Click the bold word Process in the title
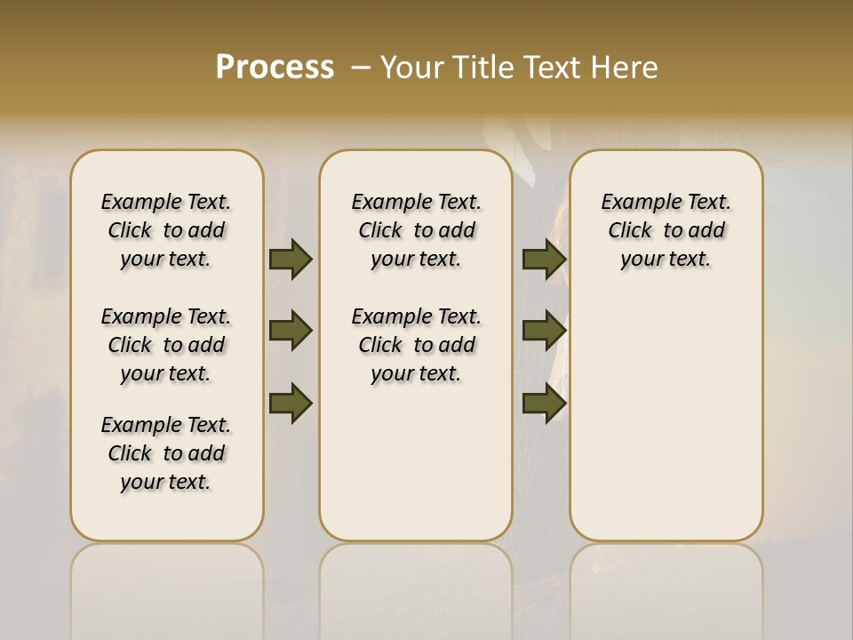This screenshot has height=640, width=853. coord(275,68)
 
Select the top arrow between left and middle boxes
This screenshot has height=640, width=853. coord(291,259)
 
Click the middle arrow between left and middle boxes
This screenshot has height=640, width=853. coord(291,331)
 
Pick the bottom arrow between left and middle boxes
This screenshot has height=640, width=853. coord(291,403)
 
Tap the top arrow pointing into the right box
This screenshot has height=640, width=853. coord(544,259)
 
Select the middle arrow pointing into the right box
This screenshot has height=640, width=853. coord(544,331)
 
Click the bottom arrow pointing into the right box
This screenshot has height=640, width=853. coord(544,403)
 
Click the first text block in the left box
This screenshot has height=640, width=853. coord(166,230)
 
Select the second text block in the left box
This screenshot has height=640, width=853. coord(166,345)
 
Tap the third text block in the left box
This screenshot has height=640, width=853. coord(166,453)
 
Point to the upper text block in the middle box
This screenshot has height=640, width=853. coord(416,230)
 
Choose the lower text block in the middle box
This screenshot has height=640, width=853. coord(416,345)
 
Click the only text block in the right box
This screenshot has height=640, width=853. coord(666,230)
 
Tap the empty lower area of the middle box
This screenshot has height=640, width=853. coord(416,462)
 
